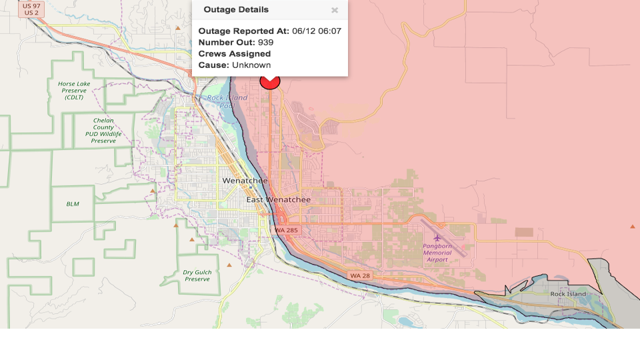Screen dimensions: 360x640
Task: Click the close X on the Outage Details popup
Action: tap(335, 10)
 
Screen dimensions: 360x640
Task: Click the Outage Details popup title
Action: tap(236, 9)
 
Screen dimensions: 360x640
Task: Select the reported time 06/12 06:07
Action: tap(317, 31)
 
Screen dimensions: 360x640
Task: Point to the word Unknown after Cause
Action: tap(251, 65)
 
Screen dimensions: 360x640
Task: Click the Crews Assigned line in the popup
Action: tap(235, 53)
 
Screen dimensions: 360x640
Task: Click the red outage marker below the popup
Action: tap(269, 82)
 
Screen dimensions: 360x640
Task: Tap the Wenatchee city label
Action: tap(245, 181)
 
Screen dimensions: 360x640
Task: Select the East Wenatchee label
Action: tap(279, 199)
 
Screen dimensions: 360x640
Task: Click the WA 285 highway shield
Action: tap(287, 230)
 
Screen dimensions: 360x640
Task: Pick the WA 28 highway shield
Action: tap(360, 275)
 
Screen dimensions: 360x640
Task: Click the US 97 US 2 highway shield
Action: tap(31, 9)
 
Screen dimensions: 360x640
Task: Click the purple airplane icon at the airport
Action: tap(437, 238)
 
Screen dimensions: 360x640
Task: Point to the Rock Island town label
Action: tap(568, 294)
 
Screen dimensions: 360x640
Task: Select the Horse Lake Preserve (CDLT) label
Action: tap(74, 91)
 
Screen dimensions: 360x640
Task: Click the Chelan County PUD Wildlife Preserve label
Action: tap(103, 131)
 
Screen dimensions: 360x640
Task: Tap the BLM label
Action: tap(73, 203)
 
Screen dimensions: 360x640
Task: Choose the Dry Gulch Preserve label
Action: tap(197, 275)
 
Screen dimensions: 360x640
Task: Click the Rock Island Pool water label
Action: tap(221, 101)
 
